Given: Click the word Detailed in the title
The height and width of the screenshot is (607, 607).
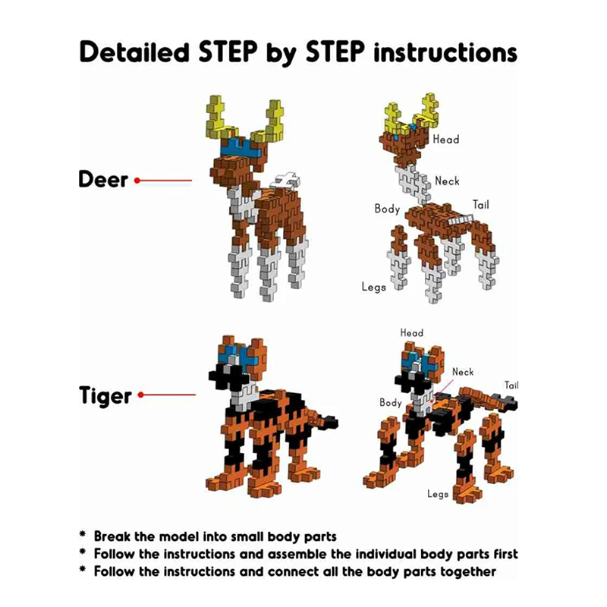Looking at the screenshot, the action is click(134, 52).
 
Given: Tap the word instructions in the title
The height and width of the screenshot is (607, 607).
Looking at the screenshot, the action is click(445, 52).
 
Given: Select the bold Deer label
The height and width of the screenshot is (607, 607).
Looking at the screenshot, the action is click(103, 180).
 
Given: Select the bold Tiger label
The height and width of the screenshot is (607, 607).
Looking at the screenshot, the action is click(105, 395).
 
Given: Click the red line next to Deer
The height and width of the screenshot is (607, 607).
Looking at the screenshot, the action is click(163, 181).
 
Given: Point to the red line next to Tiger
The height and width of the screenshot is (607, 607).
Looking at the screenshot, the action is click(167, 395).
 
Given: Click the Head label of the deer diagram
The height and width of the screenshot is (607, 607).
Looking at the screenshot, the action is click(446, 140).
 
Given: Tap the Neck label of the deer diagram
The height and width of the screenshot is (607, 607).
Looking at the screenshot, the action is click(447, 181).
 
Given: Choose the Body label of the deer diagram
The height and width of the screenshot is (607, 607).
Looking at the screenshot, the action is click(387, 209).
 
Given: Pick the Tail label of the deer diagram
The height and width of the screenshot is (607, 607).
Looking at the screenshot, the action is click(481, 204).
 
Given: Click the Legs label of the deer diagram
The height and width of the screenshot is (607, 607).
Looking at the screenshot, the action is click(373, 288).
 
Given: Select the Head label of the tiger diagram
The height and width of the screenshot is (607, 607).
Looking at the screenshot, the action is click(411, 333).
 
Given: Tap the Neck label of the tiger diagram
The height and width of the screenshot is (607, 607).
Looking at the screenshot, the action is click(463, 372).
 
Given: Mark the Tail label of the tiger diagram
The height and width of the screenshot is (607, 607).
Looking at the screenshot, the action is click(511, 385).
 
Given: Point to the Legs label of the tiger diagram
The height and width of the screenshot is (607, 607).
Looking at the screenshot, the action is click(438, 494).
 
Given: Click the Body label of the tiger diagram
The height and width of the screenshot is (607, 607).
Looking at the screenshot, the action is click(391, 403).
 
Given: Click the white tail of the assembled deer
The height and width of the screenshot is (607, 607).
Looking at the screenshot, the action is click(287, 181).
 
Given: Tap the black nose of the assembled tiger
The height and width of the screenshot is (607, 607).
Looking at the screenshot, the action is click(226, 376).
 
